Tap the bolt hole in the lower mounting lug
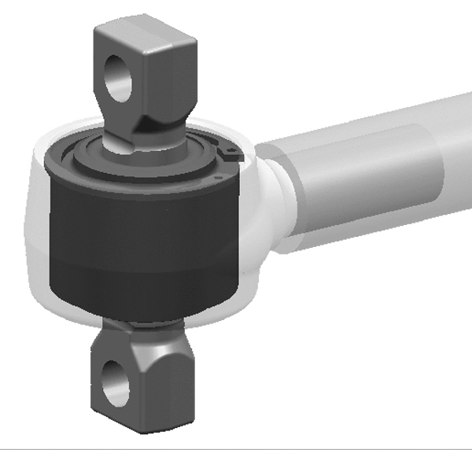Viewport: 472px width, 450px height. click(x=116, y=382)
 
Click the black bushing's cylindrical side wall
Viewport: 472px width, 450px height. click(x=142, y=244)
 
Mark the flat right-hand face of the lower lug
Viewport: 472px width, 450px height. click(x=167, y=385)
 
